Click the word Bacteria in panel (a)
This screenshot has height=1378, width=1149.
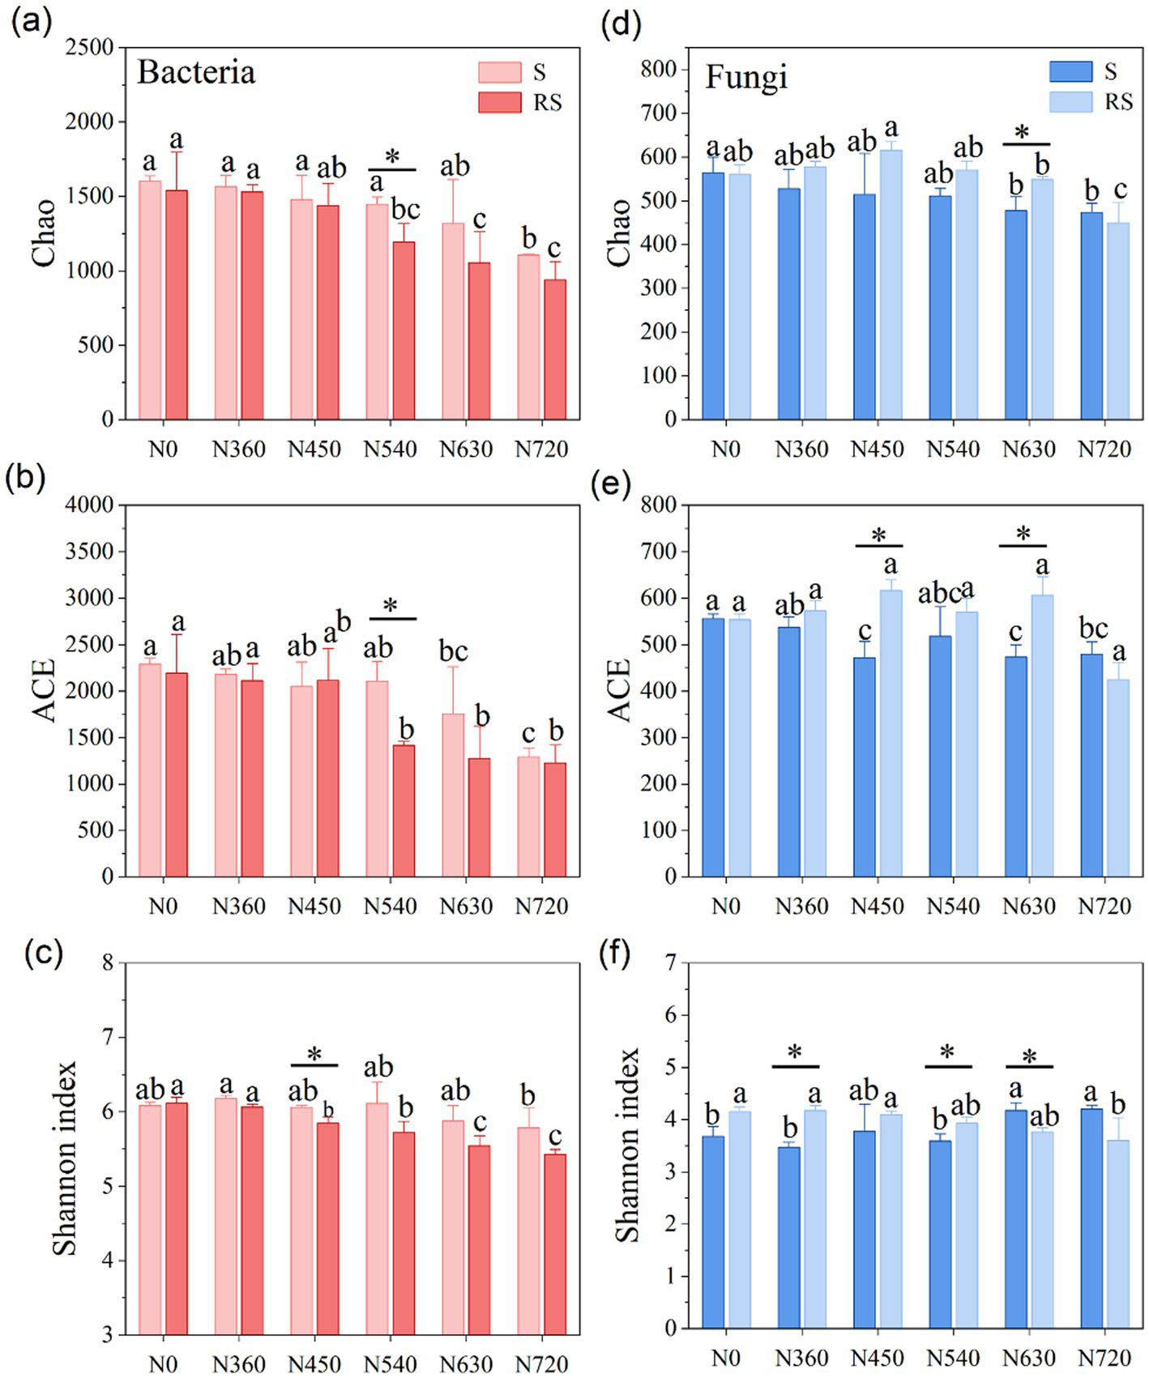tap(196, 72)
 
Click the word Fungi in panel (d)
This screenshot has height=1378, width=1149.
tap(745, 77)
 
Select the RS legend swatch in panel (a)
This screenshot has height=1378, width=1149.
tap(499, 102)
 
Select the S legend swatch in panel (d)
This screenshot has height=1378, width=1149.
tap(1070, 71)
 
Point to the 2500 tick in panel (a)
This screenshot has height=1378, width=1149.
tap(90, 47)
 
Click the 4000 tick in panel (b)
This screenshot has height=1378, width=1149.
tap(90, 505)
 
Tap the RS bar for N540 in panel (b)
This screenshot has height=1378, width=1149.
tap(404, 810)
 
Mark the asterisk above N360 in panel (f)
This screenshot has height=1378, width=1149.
tap(795, 1053)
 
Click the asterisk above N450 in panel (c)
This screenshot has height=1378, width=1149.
tap(314, 1055)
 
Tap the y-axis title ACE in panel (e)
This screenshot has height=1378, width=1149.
tap(619, 690)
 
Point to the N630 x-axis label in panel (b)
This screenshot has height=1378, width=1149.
tap(466, 906)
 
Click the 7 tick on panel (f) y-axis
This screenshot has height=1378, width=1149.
tap(670, 962)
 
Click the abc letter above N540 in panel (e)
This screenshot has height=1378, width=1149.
tap(938, 595)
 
